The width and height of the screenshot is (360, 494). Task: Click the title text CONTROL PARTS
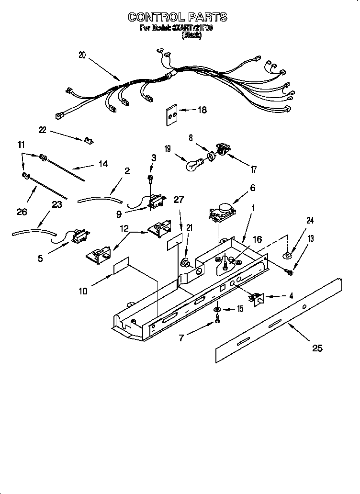pos(177,17)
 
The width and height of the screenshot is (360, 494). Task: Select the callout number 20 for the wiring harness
pos(82,55)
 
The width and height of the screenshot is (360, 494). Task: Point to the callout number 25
pos(317,348)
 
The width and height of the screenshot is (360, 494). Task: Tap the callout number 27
pos(179,200)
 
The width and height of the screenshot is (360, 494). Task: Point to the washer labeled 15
pos(217,309)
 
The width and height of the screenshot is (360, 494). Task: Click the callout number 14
pos(103,164)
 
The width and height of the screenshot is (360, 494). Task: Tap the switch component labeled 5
pos(77,236)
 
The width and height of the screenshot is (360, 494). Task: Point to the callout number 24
pos(310,221)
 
